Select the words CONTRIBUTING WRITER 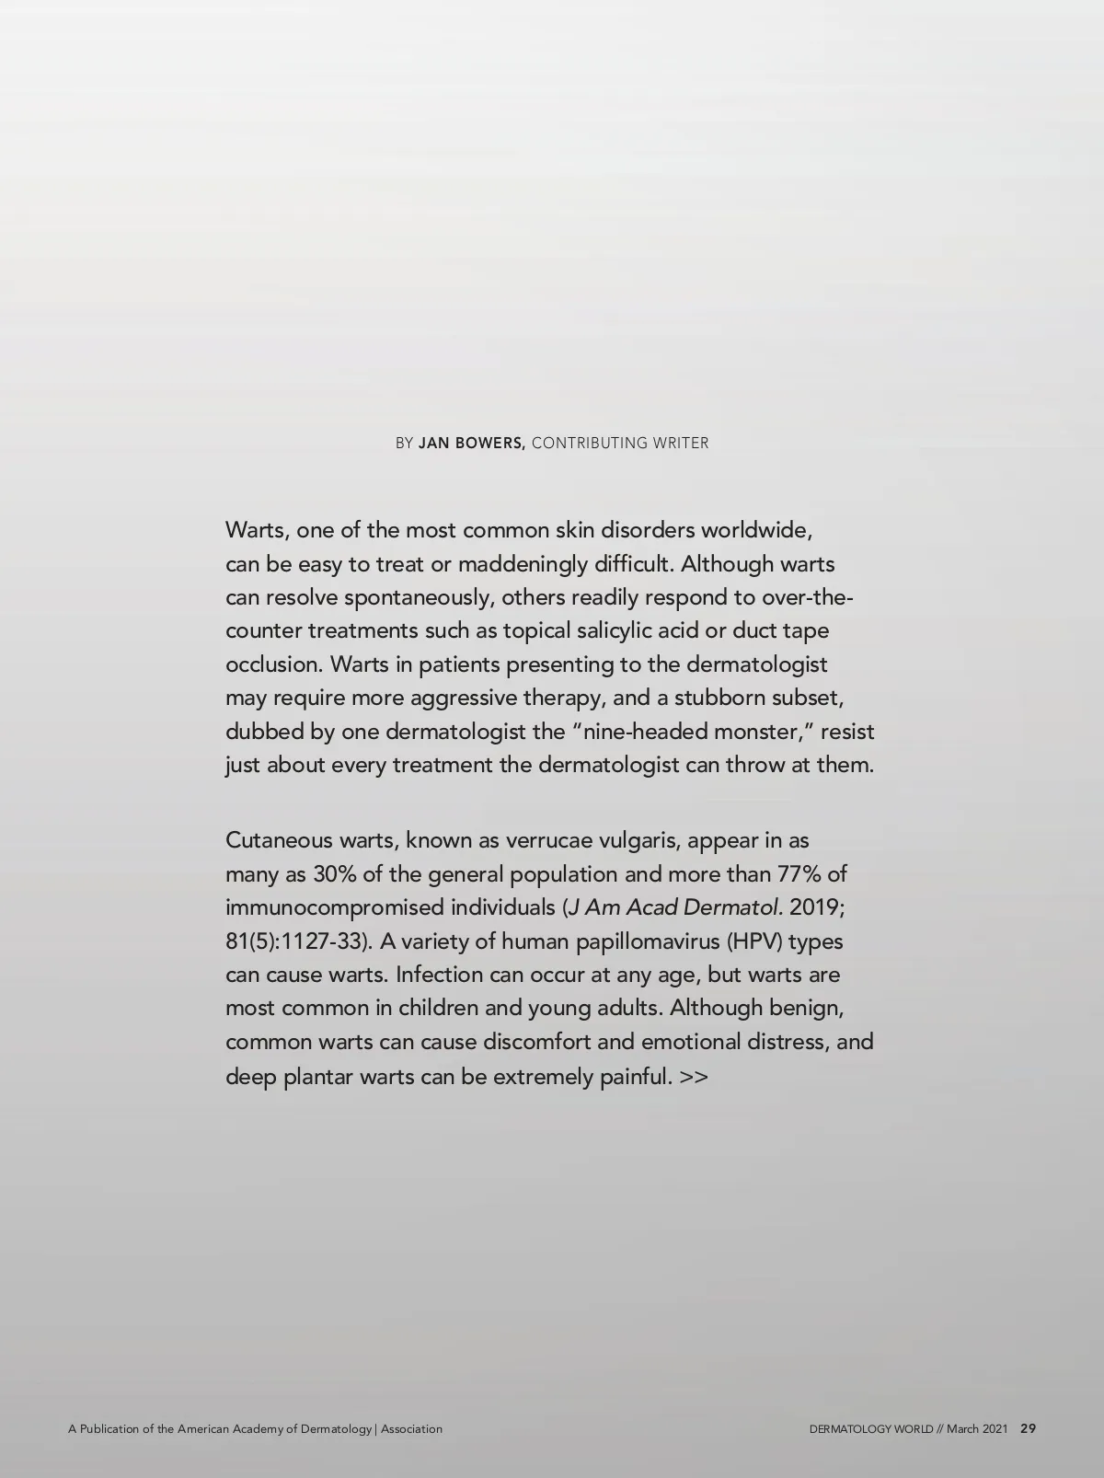(x=620, y=443)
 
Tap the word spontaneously (x=419, y=597)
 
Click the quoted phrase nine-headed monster (x=690, y=732)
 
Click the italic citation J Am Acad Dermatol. (x=676, y=907)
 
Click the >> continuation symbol (x=694, y=1076)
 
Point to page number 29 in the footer (x=1029, y=1429)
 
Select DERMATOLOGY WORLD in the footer (x=870, y=1429)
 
